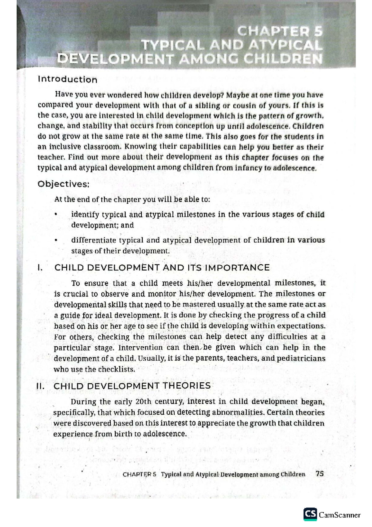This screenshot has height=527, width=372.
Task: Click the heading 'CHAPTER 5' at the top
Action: coord(280,32)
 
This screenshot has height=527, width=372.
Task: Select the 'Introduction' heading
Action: coord(67,79)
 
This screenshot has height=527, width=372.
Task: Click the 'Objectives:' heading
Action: coord(64,184)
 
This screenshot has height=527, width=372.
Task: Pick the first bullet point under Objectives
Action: coord(56,214)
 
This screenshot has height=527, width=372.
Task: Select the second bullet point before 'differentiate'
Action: coord(56,240)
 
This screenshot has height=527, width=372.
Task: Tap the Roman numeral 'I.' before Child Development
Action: coord(39,268)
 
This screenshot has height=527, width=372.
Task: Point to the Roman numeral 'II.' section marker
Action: coord(40,386)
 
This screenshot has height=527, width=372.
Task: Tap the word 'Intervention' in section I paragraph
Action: coord(140,348)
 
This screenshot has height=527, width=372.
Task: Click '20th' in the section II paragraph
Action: coord(144,402)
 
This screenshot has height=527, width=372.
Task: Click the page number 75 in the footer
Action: coord(319,474)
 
